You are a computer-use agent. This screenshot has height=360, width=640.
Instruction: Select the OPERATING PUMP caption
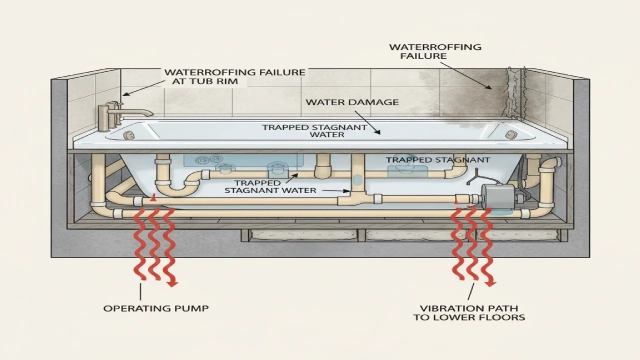tap(156, 308)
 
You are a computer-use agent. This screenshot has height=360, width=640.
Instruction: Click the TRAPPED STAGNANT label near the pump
tap(437, 160)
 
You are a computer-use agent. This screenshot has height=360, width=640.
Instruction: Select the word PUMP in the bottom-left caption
tap(191, 308)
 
